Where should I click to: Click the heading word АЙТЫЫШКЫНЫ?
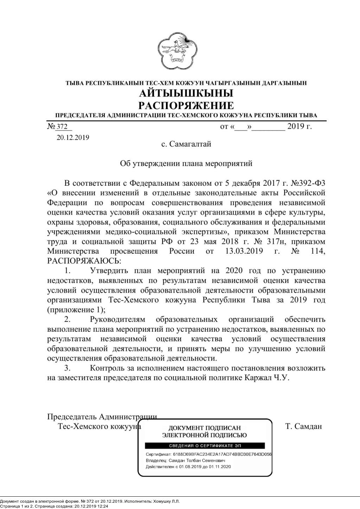[186, 94]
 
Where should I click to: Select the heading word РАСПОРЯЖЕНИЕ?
[186, 106]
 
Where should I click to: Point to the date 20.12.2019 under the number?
[73, 138]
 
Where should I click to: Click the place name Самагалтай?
[190, 144]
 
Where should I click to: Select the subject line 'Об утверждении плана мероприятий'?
[186, 164]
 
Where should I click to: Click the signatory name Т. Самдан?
[303, 427]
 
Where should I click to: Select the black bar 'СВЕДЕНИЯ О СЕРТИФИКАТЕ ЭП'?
[205, 446]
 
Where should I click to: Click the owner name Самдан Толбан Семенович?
[197, 460]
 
